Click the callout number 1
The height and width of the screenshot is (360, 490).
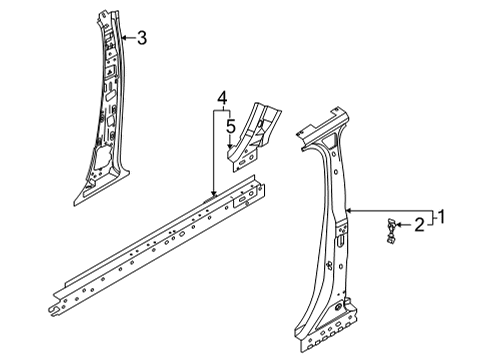[x=441, y=214]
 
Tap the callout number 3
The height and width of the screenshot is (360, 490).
[x=142, y=38]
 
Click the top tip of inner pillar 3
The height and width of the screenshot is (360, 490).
[x=108, y=12]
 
